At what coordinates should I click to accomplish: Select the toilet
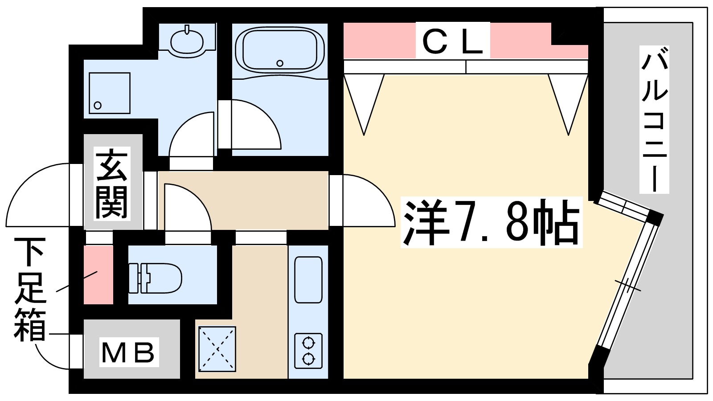(x=156, y=278)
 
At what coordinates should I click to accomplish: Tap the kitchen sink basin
(x=308, y=280)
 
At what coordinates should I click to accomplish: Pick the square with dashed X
(x=217, y=349)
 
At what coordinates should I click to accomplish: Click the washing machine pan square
(x=109, y=93)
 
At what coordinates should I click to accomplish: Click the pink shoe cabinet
(x=98, y=274)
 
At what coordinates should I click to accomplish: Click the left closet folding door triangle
(x=364, y=98)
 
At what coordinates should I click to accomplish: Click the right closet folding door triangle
(x=568, y=98)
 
